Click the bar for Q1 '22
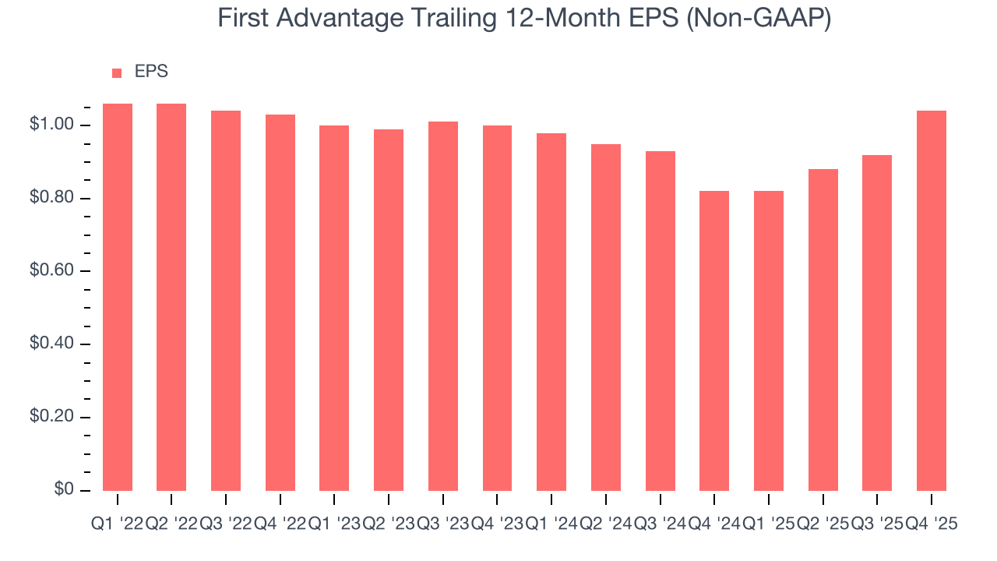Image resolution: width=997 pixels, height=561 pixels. tap(118, 297)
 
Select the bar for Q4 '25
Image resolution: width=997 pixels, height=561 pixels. tap(932, 301)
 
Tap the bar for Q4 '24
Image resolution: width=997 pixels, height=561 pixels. tap(714, 340)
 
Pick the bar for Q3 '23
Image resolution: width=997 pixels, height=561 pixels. tap(443, 306)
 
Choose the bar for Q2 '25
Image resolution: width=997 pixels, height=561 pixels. tap(823, 330)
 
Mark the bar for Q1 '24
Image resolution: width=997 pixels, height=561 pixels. tap(551, 312)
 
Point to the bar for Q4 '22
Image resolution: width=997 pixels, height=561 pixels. tap(280, 302)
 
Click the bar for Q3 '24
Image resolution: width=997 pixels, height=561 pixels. tap(661, 320)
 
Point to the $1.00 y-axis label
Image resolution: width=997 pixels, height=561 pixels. tap(51, 125)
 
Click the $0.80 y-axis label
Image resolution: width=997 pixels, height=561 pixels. tap(51, 199)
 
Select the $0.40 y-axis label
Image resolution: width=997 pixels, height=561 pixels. tap(51, 344)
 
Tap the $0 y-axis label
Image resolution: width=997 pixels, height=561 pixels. tap(64, 489)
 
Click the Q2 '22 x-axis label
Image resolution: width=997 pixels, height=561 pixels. tap(171, 524)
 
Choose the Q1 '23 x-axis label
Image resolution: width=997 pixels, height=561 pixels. tap(334, 524)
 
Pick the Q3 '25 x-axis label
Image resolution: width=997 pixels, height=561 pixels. tap(877, 524)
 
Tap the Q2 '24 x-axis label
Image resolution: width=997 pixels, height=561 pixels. tap(606, 524)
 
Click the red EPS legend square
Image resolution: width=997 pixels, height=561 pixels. tap(117, 73)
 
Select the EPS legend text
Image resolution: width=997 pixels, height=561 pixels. tap(151, 72)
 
